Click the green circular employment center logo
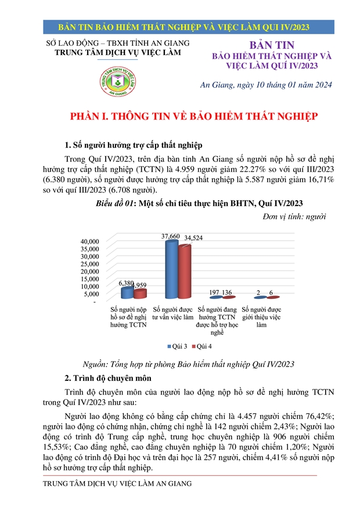pos(117,84)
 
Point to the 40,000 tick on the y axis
pos(90,241)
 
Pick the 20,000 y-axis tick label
pos(90,271)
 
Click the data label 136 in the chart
pos(228,293)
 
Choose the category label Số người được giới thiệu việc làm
pos(261,317)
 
